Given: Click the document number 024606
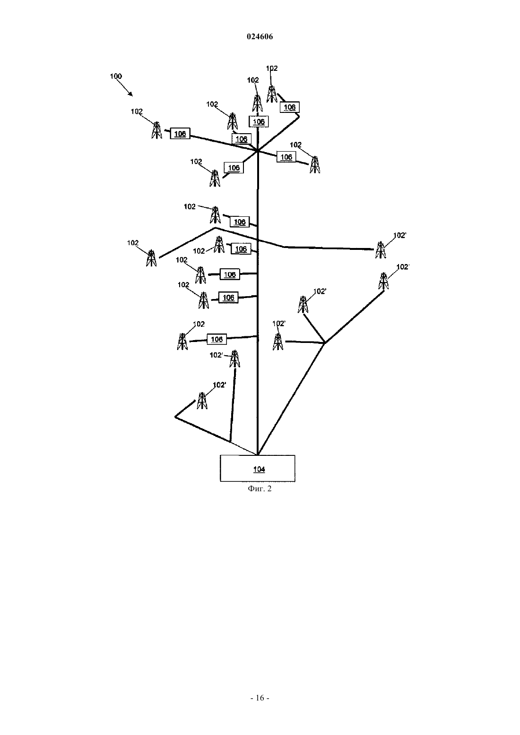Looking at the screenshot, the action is pyautogui.click(x=260, y=36).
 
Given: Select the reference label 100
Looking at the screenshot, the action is pyautogui.click(x=116, y=76).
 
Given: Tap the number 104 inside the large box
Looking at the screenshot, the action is pyautogui.click(x=259, y=470).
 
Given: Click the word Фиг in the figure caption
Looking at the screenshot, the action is pyautogui.click(x=254, y=489).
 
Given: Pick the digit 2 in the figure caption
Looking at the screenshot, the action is pyautogui.click(x=269, y=489).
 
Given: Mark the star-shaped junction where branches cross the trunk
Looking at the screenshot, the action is pyautogui.click(x=258, y=151).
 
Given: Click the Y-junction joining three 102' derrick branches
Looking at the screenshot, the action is pyautogui.click(x=325, y=343).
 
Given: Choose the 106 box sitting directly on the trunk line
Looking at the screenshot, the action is pyautogui.click(x=259, y=122).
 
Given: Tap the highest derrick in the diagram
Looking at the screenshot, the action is pyautogui.click(x=271, y=94).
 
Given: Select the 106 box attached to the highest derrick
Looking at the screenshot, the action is pyautogui.click(x=289, y=107).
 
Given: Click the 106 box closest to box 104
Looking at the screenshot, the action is pyautogui.click(x=217, y=339).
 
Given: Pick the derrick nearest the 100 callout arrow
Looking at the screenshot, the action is pyautogui.click(x=156, y=130).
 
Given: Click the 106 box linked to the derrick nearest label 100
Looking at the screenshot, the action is pyautogui.click(x=180, y=134).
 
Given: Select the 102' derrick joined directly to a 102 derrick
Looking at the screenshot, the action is pyautogui.click(x=381, y=250).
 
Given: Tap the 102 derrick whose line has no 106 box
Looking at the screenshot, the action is pyautogui.click(x=151, y=258).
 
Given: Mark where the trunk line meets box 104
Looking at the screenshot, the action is pyautogui.click(x=258, y=455).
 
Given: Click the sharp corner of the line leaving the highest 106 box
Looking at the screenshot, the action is pyautogui.click(x=299, y=116).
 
